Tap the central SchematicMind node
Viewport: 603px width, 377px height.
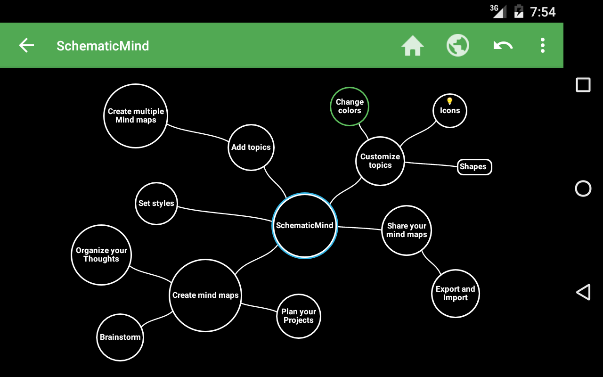pos(305,225)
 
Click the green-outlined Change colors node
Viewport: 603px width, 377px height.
pos(349,107)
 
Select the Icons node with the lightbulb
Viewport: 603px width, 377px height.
pos(450,111)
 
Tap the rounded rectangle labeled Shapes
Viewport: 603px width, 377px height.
pos(474,167)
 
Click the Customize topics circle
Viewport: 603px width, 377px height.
pos(380,161)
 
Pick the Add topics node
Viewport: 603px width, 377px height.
pos(251,147)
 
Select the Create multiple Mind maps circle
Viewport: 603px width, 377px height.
pos(136,116)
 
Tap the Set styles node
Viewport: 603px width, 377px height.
pos(156,204)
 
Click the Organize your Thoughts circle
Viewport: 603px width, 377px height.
pos(101,255)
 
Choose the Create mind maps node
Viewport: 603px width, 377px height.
pos(205,295)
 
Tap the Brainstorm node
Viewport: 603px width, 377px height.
pos(120,337)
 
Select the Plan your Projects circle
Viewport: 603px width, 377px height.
pos(299,316)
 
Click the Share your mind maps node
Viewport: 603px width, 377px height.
pos(407,230)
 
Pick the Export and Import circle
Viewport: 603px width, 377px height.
pos(455,294)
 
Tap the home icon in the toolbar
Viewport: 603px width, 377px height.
pos(413,46)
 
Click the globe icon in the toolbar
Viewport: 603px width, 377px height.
pos(458,46)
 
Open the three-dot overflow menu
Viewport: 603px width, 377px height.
pos(543,46)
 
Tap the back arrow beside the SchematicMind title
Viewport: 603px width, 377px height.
pos(26,46)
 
